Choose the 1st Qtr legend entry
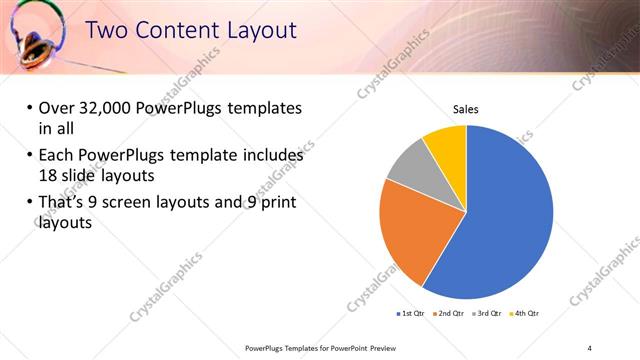[x=411, y=314]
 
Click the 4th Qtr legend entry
[x=526, y=314]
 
